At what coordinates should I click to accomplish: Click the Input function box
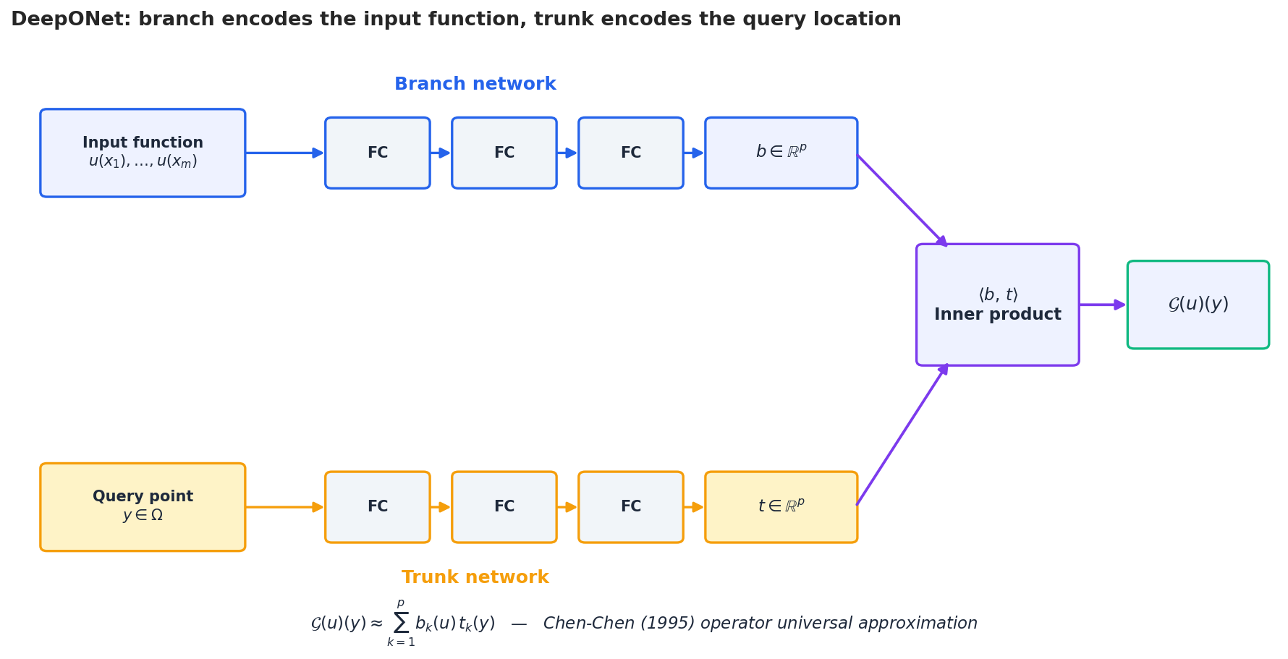[x=143, y=153]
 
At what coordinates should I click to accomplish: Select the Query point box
[x=143, y=507]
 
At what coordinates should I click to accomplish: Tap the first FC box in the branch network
[x=377, y=153]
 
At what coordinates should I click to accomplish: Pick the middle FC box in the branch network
[x=504, y=153]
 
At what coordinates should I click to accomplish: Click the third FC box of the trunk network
[x=630, y=507]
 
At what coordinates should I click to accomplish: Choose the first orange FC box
[x=377, y=507]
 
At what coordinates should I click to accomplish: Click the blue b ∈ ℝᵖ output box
[x=781, y=153]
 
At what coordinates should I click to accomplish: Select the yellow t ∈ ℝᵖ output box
[x=781, y=507]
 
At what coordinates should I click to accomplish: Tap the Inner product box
[x=997, y=305]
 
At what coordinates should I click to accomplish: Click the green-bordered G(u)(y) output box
[x=1198, y=305]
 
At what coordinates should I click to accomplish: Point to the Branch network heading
[x=475, y=85]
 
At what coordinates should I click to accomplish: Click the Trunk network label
[x=475, y=578]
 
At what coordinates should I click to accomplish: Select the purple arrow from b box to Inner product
[x=901, y=200]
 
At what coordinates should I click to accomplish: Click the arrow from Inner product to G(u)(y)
[x=1101, y=305]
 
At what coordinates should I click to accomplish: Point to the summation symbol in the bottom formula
[x=401, y=623]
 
